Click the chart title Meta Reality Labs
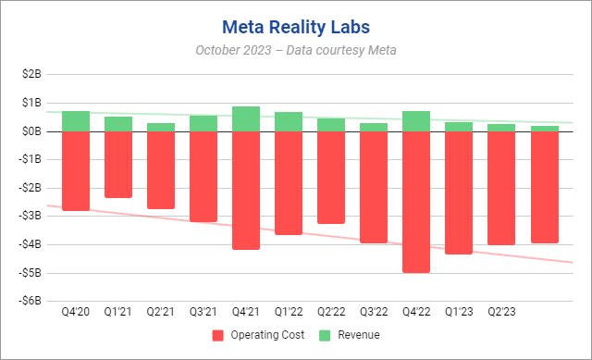296,22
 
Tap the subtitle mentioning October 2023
296,50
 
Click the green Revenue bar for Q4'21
246,118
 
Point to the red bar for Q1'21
118,165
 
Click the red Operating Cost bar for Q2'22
331,178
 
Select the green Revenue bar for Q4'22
416,121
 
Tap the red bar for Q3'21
203,177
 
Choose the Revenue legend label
359,335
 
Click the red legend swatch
218,335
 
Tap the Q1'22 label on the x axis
289,313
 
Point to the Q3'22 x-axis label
374,313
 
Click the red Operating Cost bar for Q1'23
459,192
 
